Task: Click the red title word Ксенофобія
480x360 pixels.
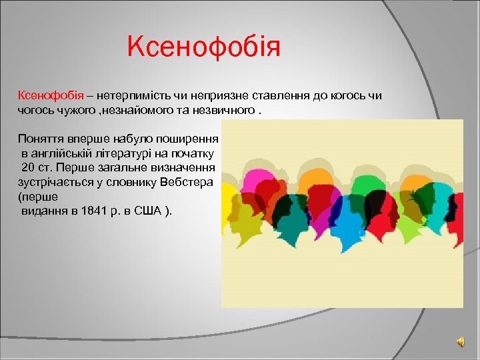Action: click(x=205, y=47)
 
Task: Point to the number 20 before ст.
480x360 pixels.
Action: click(x=28, y=167)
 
